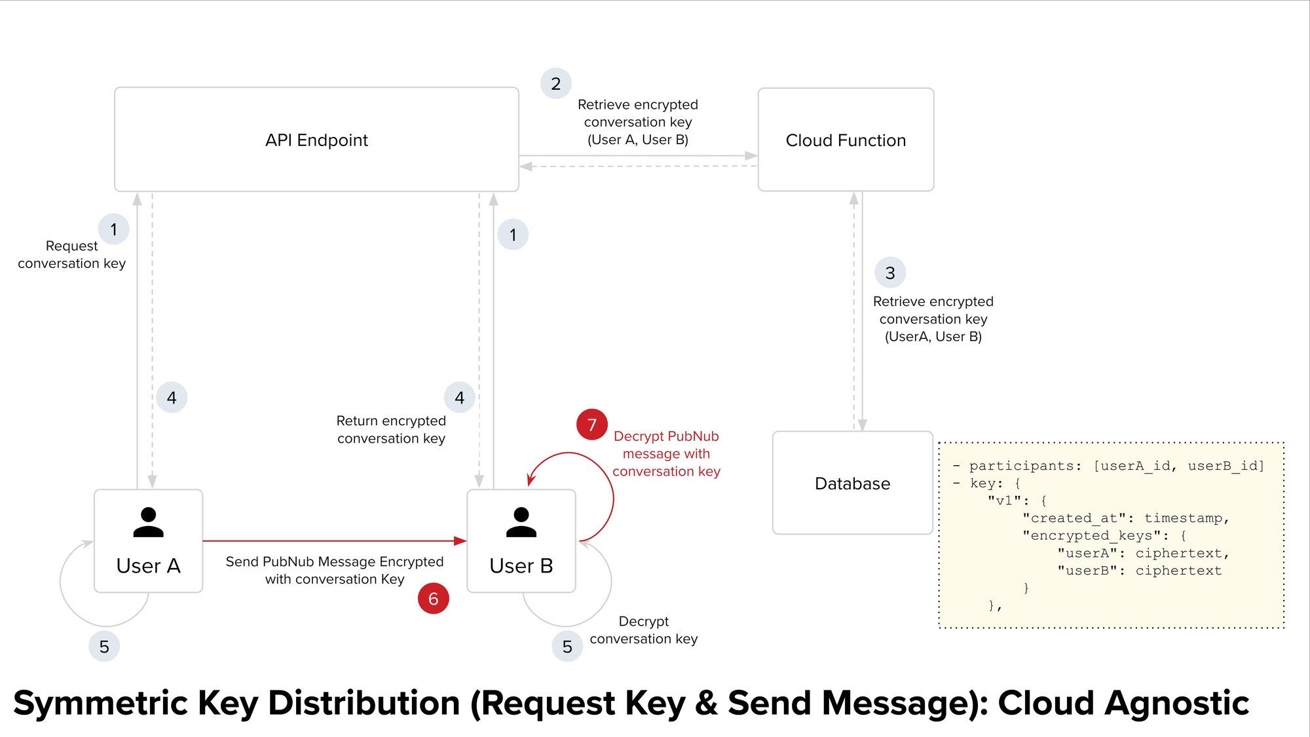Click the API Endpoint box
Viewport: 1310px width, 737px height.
(x=316, y=140)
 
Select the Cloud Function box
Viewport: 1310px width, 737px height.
(x=846, y=140)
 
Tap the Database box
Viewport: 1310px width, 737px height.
(x=852, y=483)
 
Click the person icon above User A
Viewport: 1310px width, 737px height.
(x=148, y=522)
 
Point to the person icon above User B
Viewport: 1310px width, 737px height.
(x=521, y=522)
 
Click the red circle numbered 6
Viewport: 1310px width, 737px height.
(x=433, y=598)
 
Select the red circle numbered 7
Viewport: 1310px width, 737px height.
(x=591, y=425)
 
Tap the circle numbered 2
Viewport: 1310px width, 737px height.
(x=555, y=84)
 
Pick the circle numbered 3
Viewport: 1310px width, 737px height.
(x=890, y=273)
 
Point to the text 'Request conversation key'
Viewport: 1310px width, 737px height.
(x=71, y=254)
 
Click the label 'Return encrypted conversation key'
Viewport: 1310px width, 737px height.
(x=391, y=429)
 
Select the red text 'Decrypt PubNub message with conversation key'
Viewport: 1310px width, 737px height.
(x=666, y=453)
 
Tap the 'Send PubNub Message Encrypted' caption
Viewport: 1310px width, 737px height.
(x=334, y=561)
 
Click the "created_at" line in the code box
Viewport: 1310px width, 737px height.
(x=1126, y=518)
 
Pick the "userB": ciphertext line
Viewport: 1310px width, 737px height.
(x=1139, y=571)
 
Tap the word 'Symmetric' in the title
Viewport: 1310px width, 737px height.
(x=101, y=703)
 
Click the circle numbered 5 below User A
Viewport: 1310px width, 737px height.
(x=104, y=647)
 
